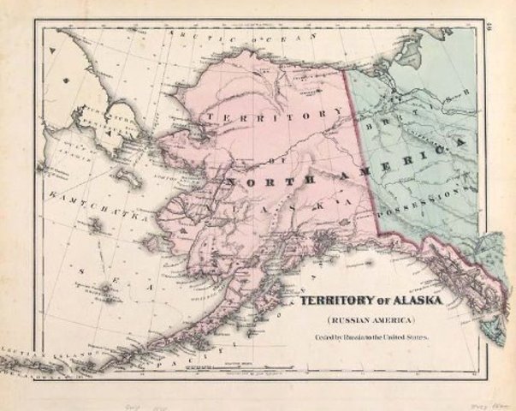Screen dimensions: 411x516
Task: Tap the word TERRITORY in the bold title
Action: [331, 302]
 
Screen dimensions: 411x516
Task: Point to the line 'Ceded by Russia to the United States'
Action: [369, 337]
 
